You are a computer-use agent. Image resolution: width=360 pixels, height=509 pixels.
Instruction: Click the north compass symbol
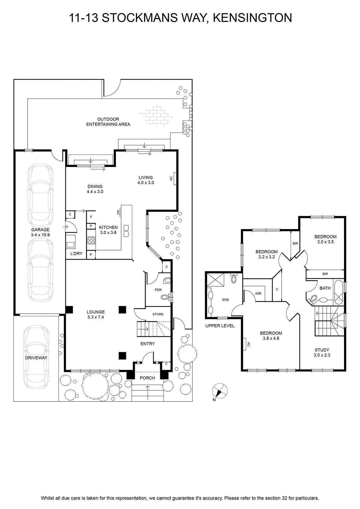[x=220, y=391]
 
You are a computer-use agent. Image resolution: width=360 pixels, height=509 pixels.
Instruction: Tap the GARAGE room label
[x=40, y=230]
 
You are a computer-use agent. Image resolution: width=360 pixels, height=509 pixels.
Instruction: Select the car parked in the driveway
[x=36, y=358]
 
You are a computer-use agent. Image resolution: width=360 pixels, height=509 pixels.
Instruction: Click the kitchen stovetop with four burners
[x=91, y=241]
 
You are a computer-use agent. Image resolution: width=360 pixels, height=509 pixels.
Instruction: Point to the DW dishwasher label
[x=118, y=212]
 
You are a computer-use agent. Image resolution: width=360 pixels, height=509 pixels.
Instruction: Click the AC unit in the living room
[x=175, y=178]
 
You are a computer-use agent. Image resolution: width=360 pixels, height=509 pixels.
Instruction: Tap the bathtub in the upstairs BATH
[x=339, y=292]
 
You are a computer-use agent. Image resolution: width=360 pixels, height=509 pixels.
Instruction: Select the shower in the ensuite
[x=215, y=280]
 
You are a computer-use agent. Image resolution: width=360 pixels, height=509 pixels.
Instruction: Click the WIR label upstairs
[x=258, y=293]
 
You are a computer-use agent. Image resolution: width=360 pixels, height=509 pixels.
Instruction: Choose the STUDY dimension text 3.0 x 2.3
[x=322, y=355]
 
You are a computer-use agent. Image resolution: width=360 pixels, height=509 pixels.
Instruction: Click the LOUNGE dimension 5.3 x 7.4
[x=96, y=317]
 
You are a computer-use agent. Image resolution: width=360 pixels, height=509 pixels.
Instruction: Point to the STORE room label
[x=158, y=314]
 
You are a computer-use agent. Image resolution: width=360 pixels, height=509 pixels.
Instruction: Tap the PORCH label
[x=148, y=378]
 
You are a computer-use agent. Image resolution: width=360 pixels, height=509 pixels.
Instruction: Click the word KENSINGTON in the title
[x=252, y=18]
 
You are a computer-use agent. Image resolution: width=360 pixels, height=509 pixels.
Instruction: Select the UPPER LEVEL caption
[x=220, y=326]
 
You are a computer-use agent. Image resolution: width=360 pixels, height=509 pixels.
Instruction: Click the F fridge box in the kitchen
[x=91, y=217]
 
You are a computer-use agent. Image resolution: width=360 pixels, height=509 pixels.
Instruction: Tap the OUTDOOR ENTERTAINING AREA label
[x=108, y=122]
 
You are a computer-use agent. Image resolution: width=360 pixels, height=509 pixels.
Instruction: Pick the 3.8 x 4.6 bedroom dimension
[x=271, y=338]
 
